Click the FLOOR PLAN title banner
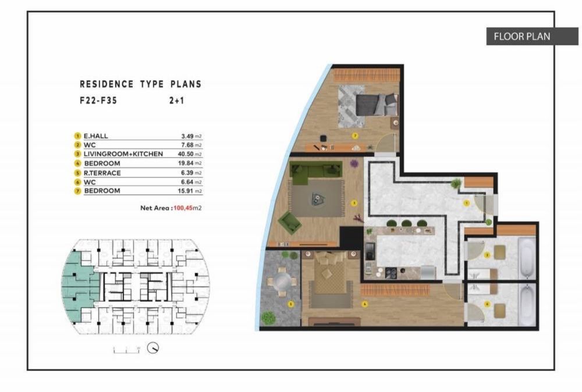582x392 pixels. [532, 36]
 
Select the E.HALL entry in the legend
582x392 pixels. [96, 136]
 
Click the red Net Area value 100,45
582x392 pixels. [183, 208]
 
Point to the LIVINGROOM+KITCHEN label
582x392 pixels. [123, 154]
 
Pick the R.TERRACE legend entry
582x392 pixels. [102, 173]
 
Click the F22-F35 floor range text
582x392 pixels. [98, 101]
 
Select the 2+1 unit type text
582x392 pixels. [177, 101]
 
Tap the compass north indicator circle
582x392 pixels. [153, 348]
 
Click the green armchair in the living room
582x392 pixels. [289, 223]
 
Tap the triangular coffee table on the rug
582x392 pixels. [317, 199]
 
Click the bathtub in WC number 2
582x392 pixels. [526, 258]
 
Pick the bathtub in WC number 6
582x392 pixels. [526, 305]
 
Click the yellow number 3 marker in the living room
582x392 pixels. [354, 203]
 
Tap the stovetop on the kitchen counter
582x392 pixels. [391, 273]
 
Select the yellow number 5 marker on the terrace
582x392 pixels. [291, 305]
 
